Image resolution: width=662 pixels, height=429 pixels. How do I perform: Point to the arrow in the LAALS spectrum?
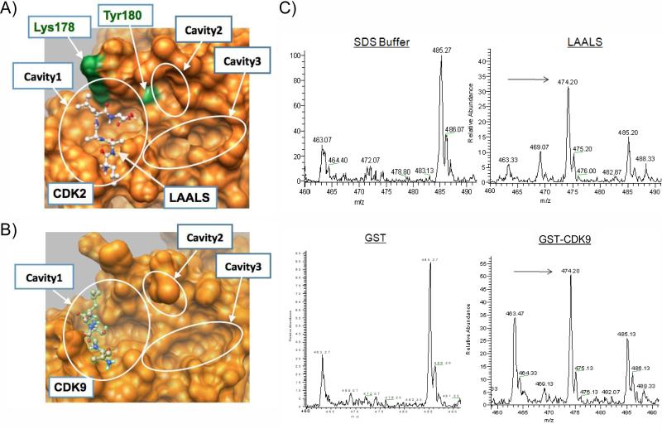530,80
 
